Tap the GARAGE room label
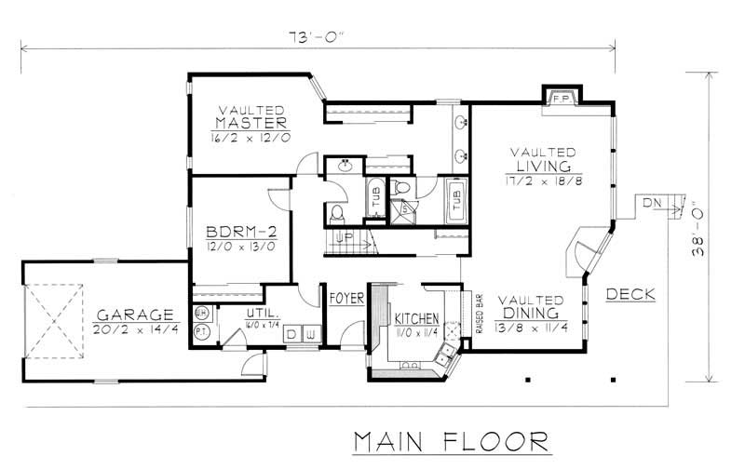pyautogui.click(x=133, y=315)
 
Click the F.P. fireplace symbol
pyautogui.click(x=562, y=98)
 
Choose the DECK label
pyautogui.click(x=630, y=295)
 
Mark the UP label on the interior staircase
pyautogui.click(x=344, y=239)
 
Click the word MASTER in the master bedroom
pyautogui.click(x=250, y=123)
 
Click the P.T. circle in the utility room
pyautogui.click(x=201, y=332)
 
